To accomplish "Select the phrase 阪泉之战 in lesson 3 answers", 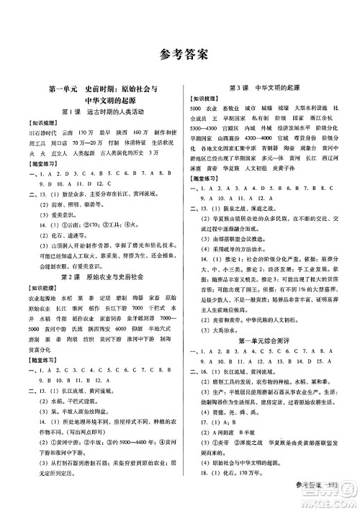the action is pyautogui.click(x=230, y=215).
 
